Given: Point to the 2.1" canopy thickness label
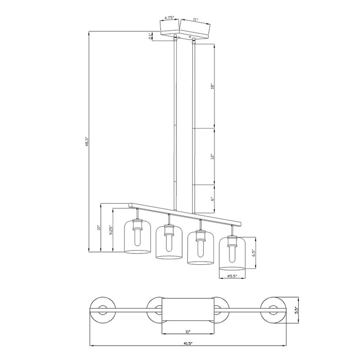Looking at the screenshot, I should [x=150, y=36].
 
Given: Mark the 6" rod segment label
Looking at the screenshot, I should [x=211, y=198].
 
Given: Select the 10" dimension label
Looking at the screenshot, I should [x=99, y=228].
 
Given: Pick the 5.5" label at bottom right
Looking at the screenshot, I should [x=296, y=310].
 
